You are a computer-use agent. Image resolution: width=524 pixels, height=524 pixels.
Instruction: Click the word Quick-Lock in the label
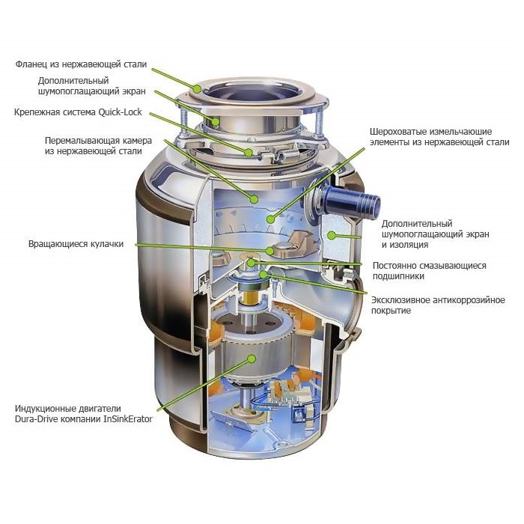[120, 112]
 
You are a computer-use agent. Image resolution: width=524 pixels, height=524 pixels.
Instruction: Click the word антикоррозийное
[469, 300]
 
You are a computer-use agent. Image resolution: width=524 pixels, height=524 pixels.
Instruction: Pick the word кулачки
[107, 244]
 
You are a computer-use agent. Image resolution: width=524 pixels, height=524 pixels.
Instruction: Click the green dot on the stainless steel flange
[198, 89]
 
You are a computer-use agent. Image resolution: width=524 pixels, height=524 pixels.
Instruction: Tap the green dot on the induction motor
[252, 359]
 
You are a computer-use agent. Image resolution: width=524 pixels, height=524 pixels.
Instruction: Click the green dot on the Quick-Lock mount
[249, 153]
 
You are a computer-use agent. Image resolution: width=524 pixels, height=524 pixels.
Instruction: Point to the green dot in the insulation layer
[331, 235]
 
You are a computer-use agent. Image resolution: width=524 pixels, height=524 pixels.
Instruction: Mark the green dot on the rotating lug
[269, 250]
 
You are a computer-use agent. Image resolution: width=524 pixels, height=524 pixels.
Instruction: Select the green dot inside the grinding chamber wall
[254, 200]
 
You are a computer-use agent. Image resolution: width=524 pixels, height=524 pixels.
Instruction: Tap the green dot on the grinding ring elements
[270, 219]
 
